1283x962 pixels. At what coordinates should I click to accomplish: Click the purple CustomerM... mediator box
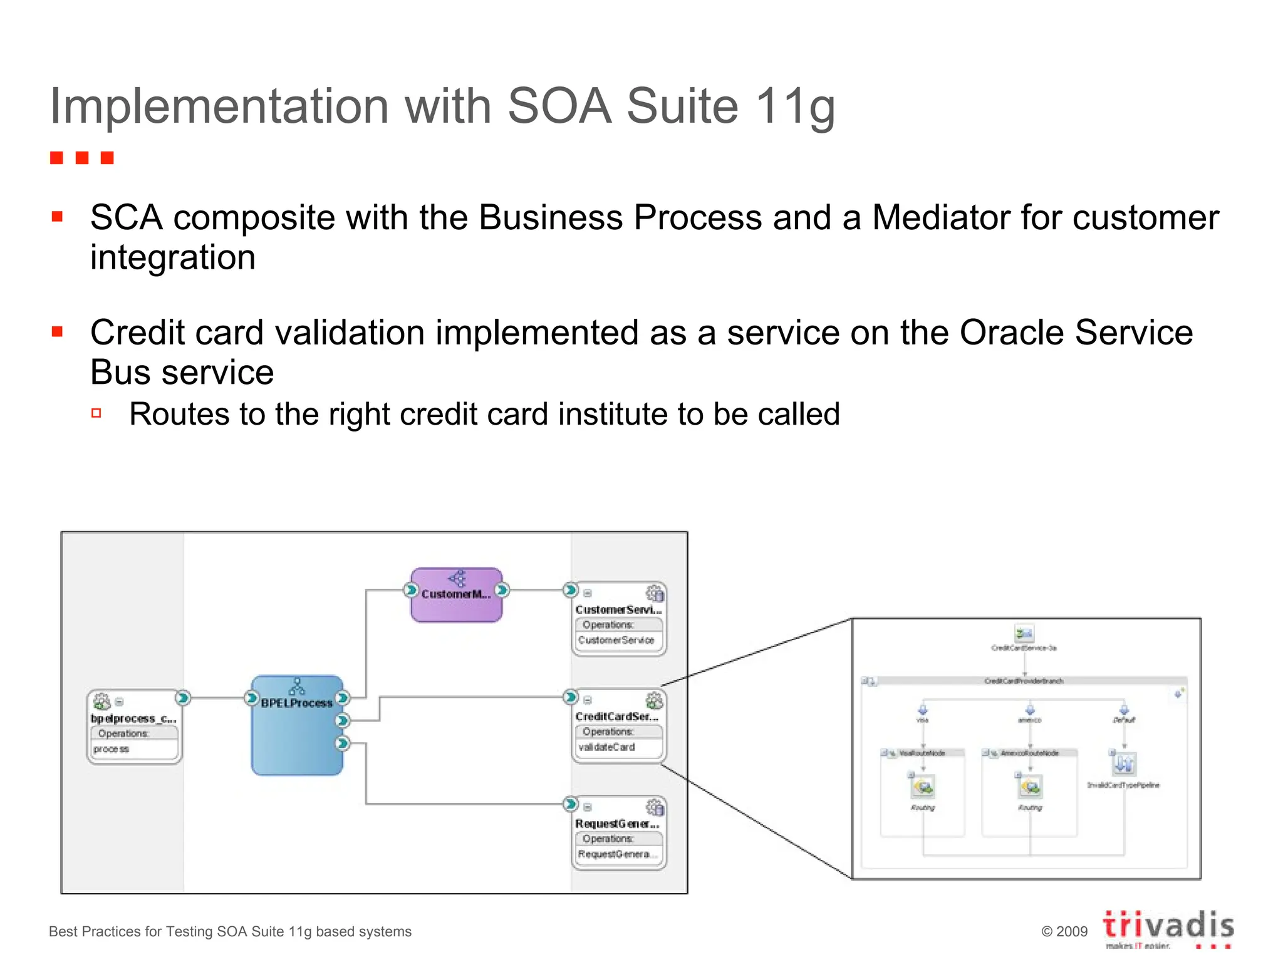coord(456,596)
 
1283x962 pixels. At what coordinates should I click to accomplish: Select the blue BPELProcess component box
coord(297,727)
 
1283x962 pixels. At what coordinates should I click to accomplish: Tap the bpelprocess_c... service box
coord(134,727)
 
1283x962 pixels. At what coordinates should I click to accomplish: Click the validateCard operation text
coord(606,747)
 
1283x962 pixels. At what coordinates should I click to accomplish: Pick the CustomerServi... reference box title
coord(618,609)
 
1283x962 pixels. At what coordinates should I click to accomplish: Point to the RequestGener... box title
coord(617,824)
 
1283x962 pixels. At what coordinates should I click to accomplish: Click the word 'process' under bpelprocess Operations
coord(112,749)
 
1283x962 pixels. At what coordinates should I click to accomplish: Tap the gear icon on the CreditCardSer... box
coord(654,700)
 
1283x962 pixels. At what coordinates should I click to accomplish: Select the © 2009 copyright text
coord(1064,931)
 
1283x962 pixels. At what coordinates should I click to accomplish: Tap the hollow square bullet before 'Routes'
coord(96,413)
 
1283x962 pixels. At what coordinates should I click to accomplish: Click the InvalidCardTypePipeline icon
coord(1124,764)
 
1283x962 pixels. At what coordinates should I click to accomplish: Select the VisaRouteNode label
coord(922,753)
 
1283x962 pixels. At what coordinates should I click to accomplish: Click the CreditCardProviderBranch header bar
coord(1024,681)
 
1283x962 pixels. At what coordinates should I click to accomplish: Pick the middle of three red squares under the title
coord(82,158)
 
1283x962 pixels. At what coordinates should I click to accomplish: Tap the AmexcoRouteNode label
coord(1029,753)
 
